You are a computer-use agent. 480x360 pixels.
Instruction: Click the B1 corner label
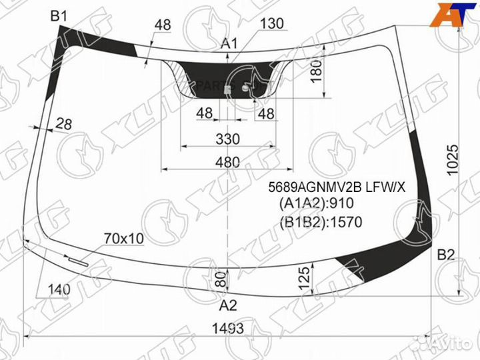click(x=59, y=16)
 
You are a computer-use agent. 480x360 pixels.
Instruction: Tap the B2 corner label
click(x=446, y=255)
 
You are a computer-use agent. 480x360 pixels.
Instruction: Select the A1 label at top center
click(x=229, y=44)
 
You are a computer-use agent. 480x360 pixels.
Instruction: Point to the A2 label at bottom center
click(x=228, y=305)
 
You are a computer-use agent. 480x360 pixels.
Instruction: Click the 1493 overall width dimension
click(x=228, y=329)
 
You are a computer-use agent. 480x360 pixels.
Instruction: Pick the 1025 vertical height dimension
click(x=453, y=160)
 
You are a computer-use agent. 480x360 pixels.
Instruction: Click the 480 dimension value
click(x=227, y=162)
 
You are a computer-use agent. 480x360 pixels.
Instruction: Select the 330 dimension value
click(x=228, y=139)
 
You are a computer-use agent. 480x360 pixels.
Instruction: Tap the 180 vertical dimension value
click(x=317, y=71)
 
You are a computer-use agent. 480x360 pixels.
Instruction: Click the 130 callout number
click(x=272, y=23)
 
